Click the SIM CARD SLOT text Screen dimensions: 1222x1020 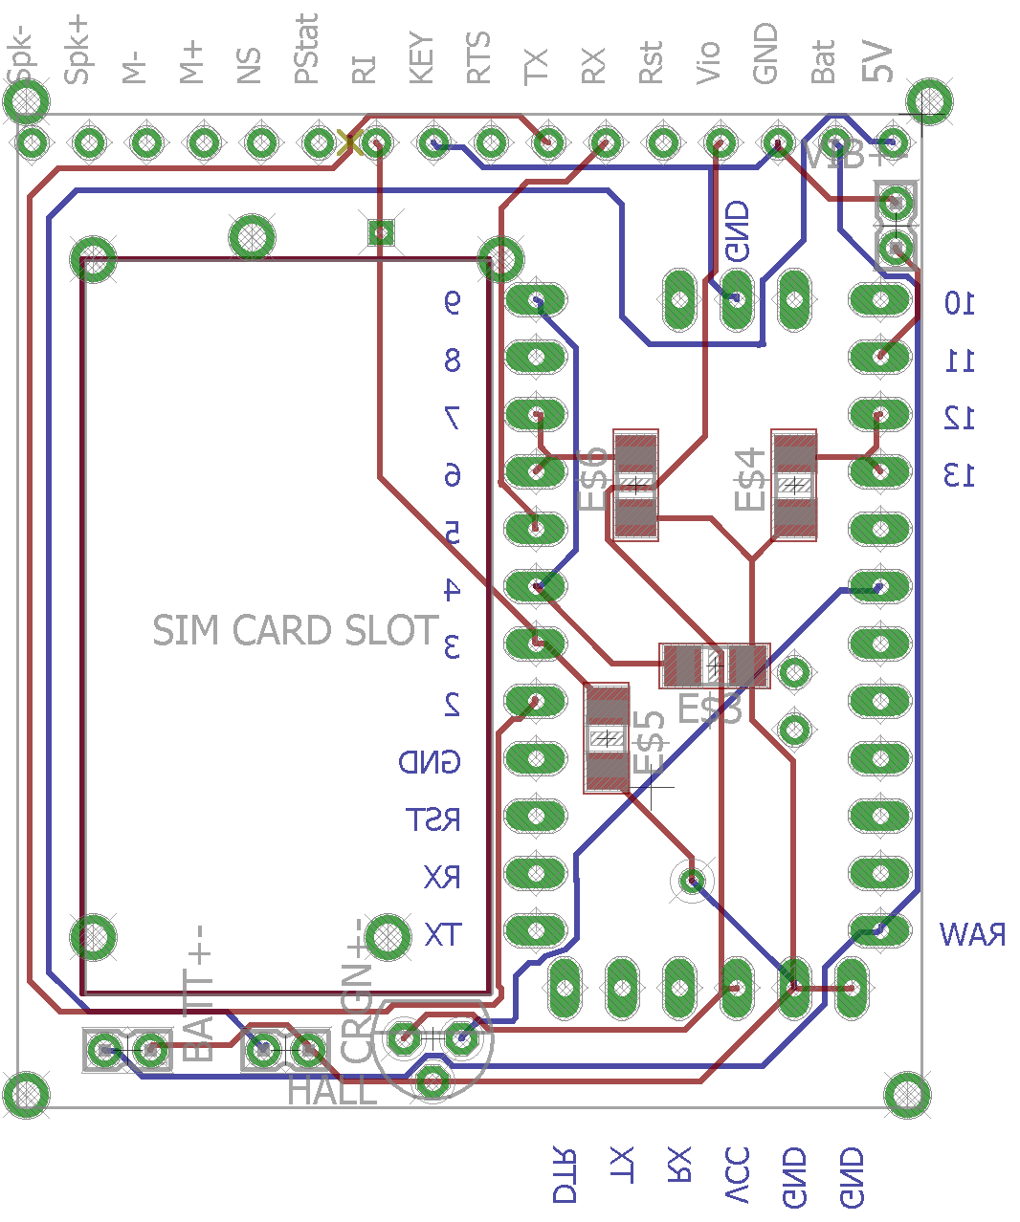pos(295,630)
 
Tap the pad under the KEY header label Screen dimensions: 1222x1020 pos(433,143)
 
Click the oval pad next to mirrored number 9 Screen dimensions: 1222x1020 pos(536,301)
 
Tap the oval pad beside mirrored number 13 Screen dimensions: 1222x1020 pos(879,470)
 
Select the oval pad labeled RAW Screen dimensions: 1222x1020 pos(879,929)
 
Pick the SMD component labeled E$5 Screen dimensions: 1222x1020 pos(607,738)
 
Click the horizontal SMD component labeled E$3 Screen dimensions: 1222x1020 pos(714,666)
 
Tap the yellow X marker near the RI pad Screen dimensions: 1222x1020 pos(349,143)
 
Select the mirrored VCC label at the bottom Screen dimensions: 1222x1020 pos(737,1175)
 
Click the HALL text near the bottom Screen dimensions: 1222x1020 pos(332,1091)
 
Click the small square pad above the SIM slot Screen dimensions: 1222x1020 pos(381,231)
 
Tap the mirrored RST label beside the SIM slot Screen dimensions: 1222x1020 pos(433,819)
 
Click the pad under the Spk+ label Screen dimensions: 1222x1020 pos(89,143)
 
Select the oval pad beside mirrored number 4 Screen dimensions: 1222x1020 pos(536,585)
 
